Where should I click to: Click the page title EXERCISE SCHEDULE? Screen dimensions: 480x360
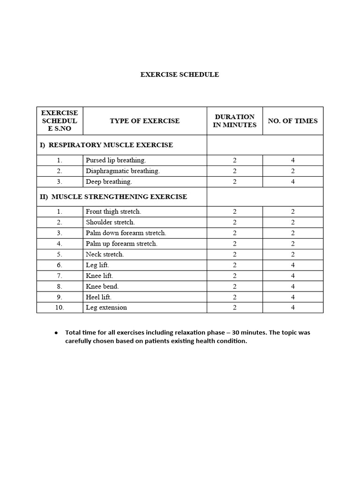coord(180,75)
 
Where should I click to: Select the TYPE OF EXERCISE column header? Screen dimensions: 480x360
coord(144,121)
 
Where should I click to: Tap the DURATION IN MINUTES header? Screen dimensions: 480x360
coord(235,121)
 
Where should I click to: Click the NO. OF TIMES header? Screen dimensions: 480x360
coord(292,121)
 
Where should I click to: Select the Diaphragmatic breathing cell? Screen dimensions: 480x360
coord(123,171)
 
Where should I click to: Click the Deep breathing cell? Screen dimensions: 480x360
coord(109,182)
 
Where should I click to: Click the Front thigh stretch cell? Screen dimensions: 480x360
coord(113,212)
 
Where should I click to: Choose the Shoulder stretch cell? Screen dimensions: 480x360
coord(110,223)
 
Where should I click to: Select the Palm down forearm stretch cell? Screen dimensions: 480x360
coord(126,233)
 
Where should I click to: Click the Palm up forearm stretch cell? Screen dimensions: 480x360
coord(121,244)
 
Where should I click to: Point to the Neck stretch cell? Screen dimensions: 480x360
coord(105,255)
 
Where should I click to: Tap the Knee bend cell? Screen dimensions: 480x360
coord(102,286)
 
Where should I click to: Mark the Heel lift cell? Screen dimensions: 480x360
coord(98,297)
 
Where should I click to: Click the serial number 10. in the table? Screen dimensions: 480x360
coord(59,308)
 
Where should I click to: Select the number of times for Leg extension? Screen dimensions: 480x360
coord(293,308)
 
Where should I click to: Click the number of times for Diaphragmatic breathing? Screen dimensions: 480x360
coord(293,171)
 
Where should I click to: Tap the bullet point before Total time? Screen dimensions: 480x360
coord(56,333)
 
